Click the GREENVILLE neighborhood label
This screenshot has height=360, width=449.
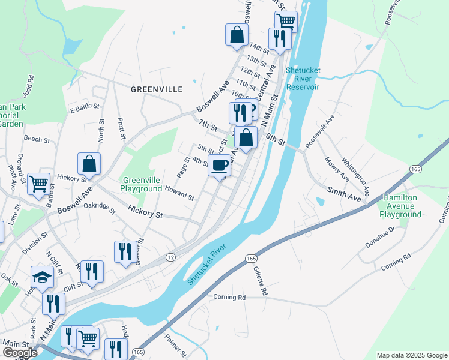pos(157,89)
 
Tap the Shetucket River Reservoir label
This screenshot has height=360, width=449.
pos(303,79)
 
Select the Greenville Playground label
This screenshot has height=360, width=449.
pos(142,184)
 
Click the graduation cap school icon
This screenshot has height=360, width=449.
pos(41,277)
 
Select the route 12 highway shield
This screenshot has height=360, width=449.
pos(172,257)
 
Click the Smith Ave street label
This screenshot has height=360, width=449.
pos(344,193)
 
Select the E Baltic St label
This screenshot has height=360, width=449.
pos(83,109)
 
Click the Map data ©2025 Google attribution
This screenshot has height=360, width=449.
pos(412,355)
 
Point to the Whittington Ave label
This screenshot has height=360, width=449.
pos(355,171)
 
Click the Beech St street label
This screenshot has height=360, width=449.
pos(37,139)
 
